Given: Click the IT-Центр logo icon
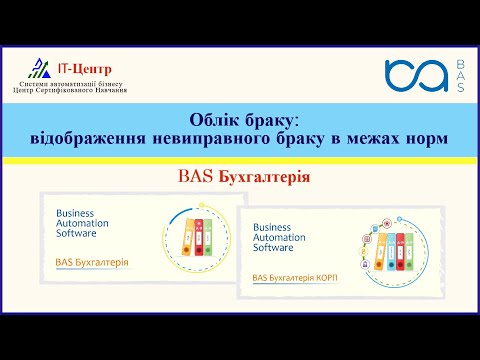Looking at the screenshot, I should (39, 68).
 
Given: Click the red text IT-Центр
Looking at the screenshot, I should (86, 68).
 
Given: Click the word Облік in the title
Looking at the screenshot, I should (217, 117).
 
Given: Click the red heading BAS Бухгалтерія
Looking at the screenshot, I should (240, 176).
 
